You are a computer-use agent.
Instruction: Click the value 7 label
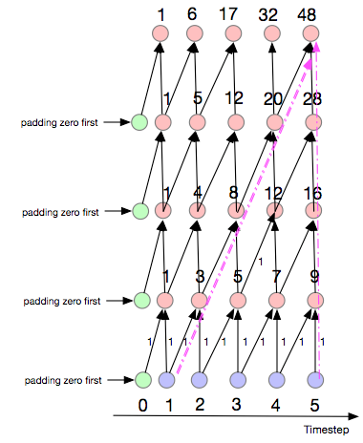pyautogui.click(x=277, y=279)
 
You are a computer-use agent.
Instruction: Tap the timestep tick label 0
pyautogui.click(x=142, y=405)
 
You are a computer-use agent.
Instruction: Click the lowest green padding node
pyautogui.click(x=144, y=381)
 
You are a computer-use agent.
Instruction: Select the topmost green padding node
pyautogui.click(x=141, y=122)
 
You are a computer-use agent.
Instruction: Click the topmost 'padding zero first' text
pyautogui.click(x=61, y=122)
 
